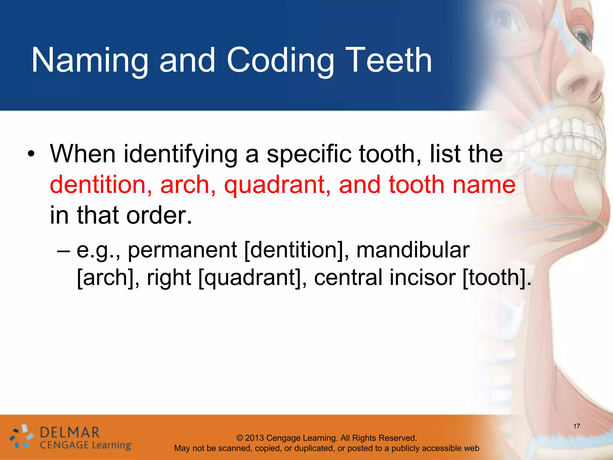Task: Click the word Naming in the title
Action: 90,60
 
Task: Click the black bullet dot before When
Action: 31,155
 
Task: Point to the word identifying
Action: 180,155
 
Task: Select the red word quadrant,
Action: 277,185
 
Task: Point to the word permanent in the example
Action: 182,250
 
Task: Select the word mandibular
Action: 413,250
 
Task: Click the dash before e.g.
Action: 63,250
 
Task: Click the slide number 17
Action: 577,426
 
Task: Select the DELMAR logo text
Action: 69,432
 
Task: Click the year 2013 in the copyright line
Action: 254,438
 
